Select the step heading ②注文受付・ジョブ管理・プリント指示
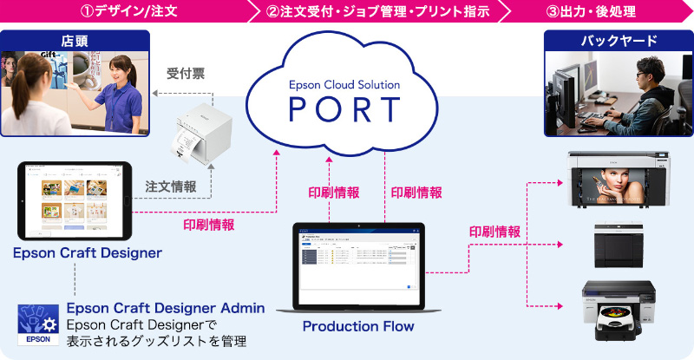(378, 12)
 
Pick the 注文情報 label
(170, 186)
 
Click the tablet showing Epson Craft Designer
(74, 200)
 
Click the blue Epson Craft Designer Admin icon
(37, 324)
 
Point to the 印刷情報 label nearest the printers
(494, 232)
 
